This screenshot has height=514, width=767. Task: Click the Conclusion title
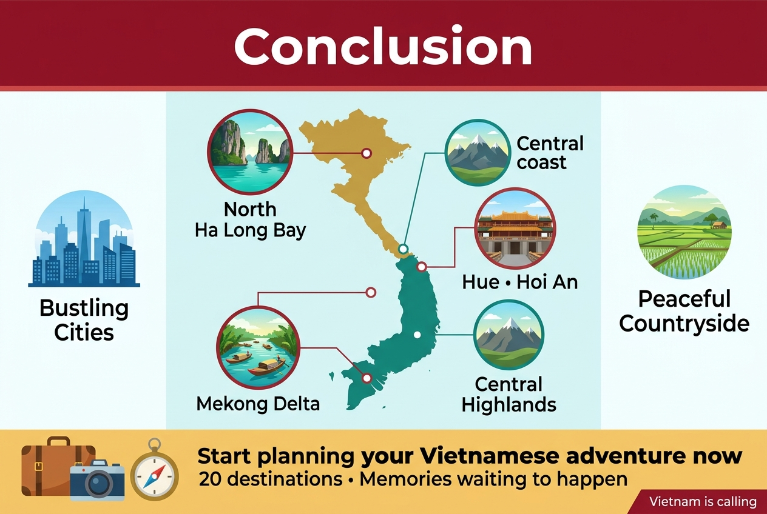(x=383, y=46)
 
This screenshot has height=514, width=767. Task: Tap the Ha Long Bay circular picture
(x=250, y=152)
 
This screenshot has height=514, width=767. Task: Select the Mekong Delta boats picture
(x=258, y=348)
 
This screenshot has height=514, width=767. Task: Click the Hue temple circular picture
(x=515, y=228)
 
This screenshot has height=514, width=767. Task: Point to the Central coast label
(x=550, y=153)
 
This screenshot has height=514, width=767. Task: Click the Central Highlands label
(x=509, y=395)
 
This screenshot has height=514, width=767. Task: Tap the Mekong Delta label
(x=258, y=404)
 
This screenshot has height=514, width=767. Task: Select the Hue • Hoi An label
(x=520, y=282)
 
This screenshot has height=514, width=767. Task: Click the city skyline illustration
(x=84, y=239)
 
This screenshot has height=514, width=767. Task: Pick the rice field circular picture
(x=684, y=232)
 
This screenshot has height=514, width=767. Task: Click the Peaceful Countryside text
(x=684, y=311)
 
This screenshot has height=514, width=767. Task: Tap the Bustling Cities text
(x=84, y=320)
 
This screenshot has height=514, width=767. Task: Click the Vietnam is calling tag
(x=703, y=502)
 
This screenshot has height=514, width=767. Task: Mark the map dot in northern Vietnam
(x=367, y=153)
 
